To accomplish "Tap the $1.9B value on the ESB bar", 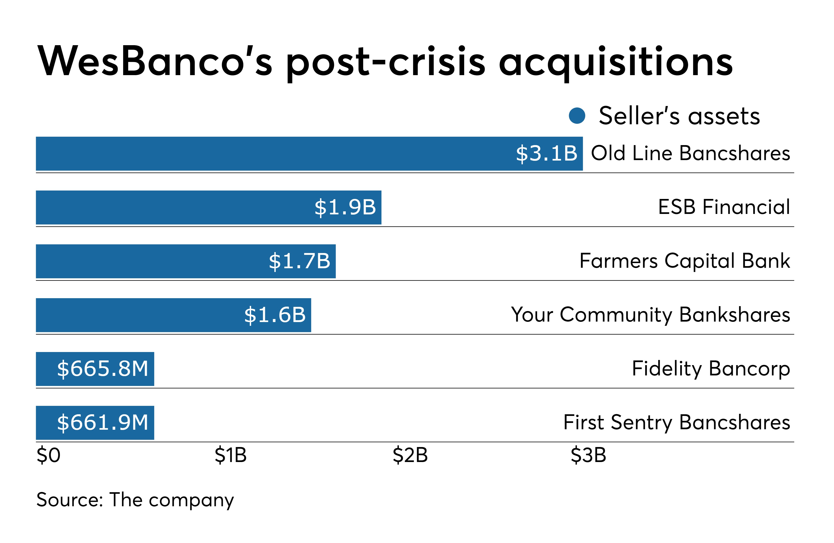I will pos(345,207).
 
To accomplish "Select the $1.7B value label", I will pos(300,261).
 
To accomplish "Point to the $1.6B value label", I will pos(275,315).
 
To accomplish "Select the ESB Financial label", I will pos(724,207).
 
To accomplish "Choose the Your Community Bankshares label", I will pos(650,315).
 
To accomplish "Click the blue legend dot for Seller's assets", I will pos(577,116).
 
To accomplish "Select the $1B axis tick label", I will pos(231,455).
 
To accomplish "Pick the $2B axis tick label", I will pos(410,455).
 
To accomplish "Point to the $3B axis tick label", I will pos(588,455).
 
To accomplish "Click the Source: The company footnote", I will pos(135,500).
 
